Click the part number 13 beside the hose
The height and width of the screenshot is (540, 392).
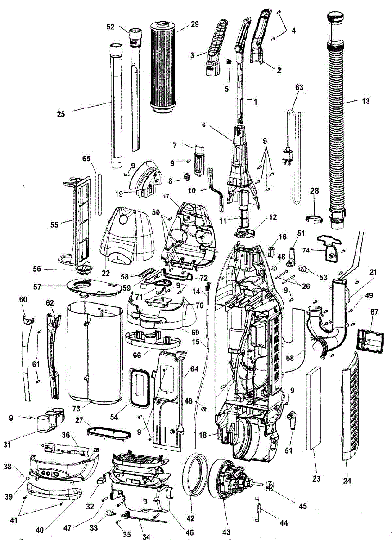(365, 101)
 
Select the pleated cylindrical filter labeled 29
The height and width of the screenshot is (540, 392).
(164, 67)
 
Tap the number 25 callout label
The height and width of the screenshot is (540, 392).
(61, 114)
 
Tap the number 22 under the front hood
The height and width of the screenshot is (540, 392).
(106, 273)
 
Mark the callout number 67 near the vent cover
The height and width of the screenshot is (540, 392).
(374, 312)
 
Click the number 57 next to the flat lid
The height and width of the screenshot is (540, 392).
(37, 287)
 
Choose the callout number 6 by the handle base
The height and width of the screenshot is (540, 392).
(204, 125)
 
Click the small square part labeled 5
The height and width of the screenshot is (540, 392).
(228, 62)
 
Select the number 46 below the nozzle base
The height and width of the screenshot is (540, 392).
(190, 530)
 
